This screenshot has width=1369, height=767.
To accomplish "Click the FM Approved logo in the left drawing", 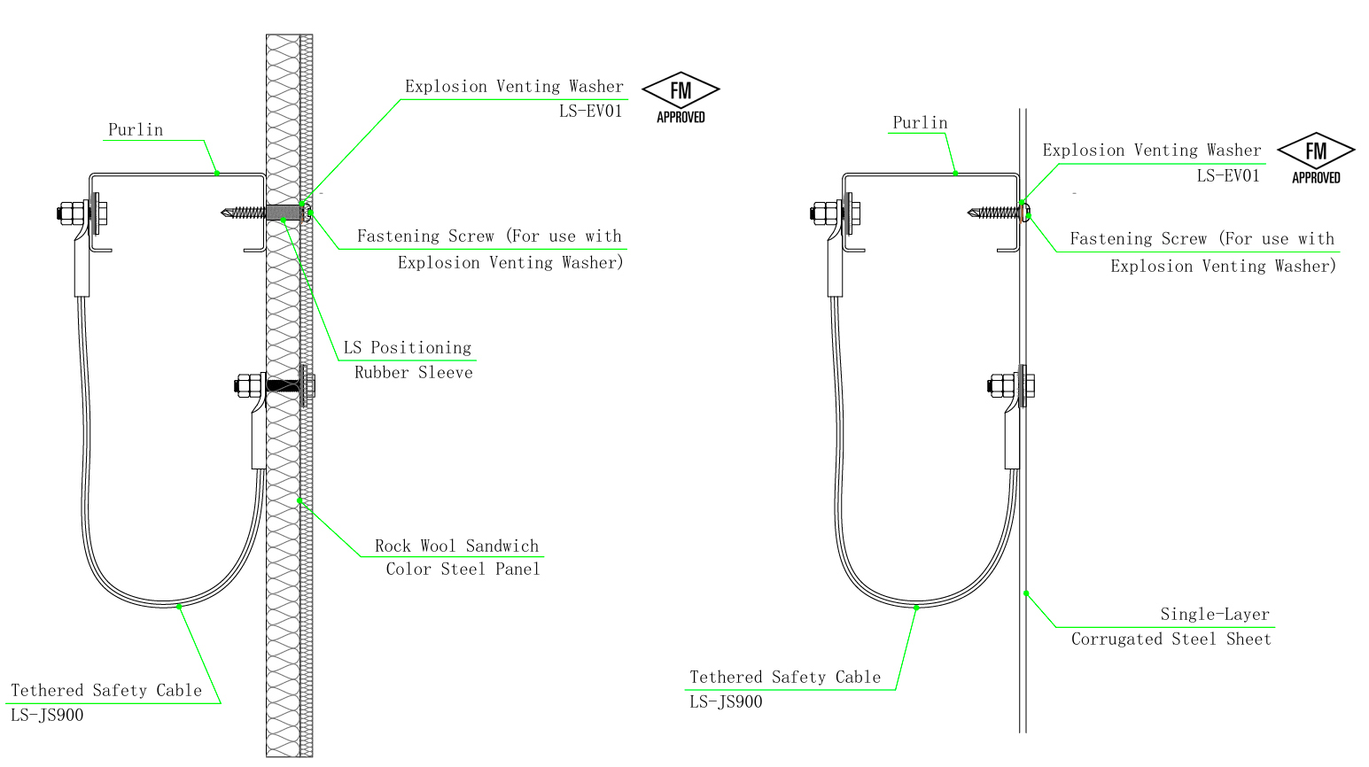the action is click(681, 98).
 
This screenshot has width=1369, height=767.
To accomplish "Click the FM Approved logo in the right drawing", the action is click(1316, 159).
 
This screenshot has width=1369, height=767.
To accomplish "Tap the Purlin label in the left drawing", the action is click(136, 130).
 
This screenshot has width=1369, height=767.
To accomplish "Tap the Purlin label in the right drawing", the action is click(920, 123).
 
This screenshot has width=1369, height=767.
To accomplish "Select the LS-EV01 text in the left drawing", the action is click(590, 111).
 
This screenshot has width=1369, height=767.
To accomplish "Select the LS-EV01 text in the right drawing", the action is click(1228, 176).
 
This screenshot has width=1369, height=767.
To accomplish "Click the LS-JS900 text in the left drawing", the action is click(47, 715).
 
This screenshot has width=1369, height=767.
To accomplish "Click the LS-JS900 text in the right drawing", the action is click(726, 701).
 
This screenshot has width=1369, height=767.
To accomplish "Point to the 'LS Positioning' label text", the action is click(408, 348).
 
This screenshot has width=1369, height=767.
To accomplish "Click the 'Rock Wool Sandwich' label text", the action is click(456, 546).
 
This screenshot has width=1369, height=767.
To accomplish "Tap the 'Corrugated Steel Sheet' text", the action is click(1171, 639).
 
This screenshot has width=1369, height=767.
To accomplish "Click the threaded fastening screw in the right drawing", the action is click(994, 213).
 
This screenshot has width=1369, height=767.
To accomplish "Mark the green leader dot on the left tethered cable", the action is click(179, 607).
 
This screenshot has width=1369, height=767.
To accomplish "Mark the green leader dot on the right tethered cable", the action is click(916, 608).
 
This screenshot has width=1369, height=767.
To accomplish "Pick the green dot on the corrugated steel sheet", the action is click(1026, 593).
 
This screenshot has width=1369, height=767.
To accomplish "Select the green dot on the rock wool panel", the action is click(299, 500).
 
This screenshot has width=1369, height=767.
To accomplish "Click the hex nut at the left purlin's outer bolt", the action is click(66, 213).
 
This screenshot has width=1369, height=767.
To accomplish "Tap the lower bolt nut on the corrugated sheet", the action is click(998, 385).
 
